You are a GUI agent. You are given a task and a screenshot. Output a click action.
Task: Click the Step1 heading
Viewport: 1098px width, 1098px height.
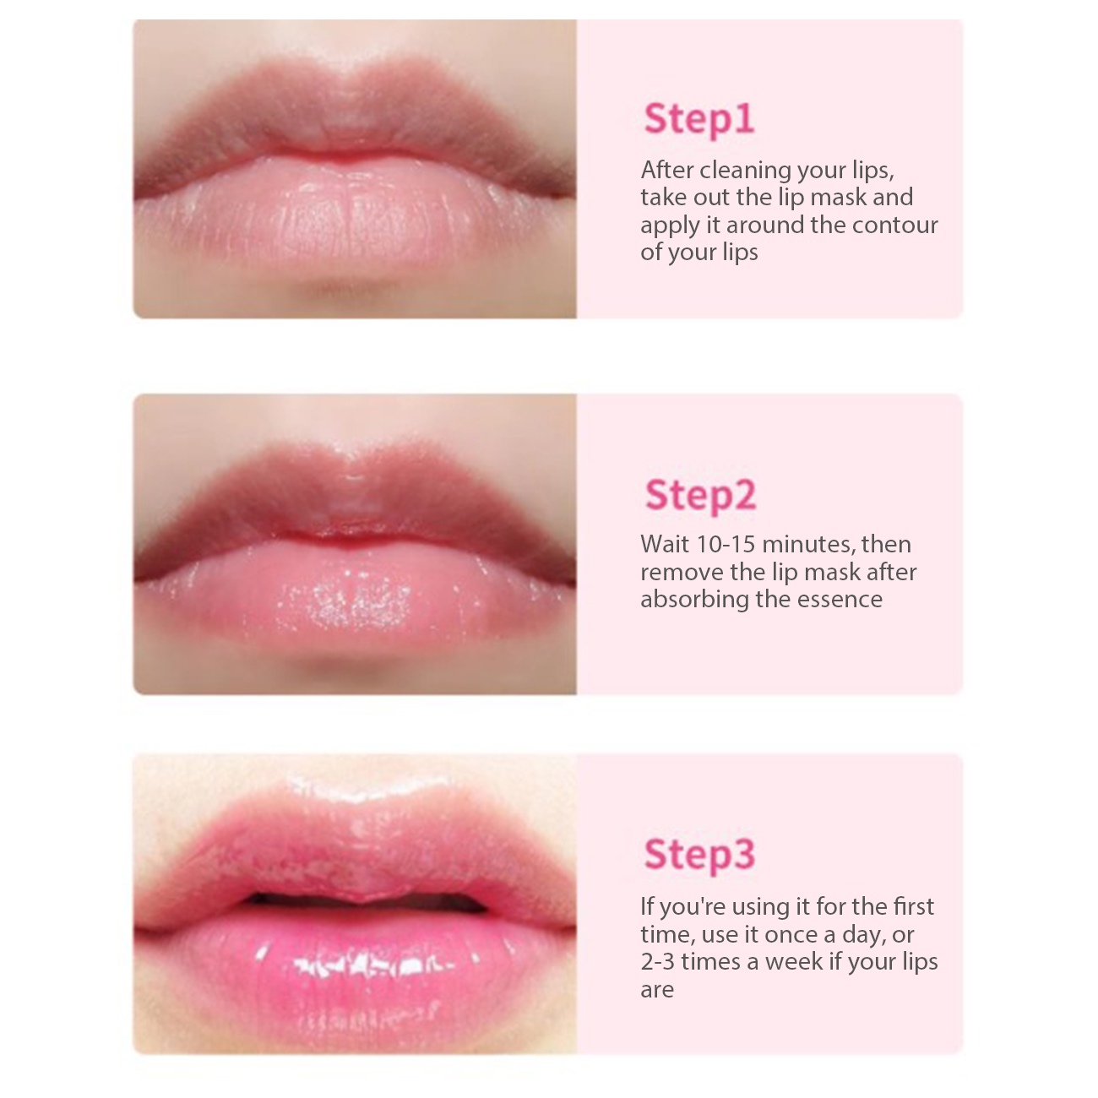[699, 120]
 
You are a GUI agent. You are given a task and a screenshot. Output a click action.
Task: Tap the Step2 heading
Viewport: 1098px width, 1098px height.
[700, 495]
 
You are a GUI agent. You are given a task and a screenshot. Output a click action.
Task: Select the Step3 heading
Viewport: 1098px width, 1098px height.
[699, 854]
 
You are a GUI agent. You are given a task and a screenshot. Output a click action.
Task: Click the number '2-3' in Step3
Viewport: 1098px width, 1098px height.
[658, 961]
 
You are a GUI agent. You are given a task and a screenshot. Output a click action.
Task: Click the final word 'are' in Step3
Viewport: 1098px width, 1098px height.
[657, 990]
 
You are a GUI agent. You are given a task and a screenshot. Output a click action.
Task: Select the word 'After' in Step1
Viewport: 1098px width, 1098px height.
[667, 170]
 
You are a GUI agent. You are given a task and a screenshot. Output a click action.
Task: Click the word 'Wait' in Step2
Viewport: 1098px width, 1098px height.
[665, 544]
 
